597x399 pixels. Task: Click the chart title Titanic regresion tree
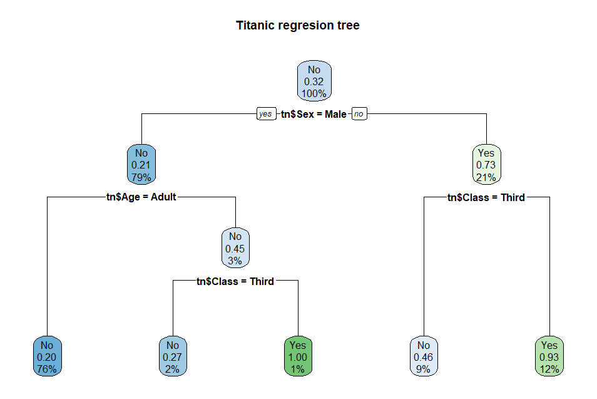coord(298,26)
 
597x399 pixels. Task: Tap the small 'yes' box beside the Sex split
coord(266,114)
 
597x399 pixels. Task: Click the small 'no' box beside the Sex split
coord(359,114)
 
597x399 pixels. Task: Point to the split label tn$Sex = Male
coord(314,114)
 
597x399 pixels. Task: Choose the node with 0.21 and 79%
coord(141,165)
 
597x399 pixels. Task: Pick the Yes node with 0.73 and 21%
coord(486,165)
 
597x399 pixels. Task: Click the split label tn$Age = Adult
coord(141,197)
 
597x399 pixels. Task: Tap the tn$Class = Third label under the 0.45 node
coord(235,281)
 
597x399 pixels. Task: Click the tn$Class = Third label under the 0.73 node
coord(486,197)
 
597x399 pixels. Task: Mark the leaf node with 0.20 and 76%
coord(47,357)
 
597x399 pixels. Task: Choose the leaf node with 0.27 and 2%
coord(173,357)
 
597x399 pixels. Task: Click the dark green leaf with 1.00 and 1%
coord(298,357)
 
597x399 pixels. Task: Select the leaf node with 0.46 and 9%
coord(424,357)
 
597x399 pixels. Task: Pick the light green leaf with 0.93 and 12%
coord(549,357)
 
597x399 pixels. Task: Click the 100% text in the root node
coord(314,94)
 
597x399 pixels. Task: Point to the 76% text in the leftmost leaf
coord(47,369)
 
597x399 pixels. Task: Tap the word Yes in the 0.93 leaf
coord(549,345)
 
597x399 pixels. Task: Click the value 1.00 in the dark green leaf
coord(298,357)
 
